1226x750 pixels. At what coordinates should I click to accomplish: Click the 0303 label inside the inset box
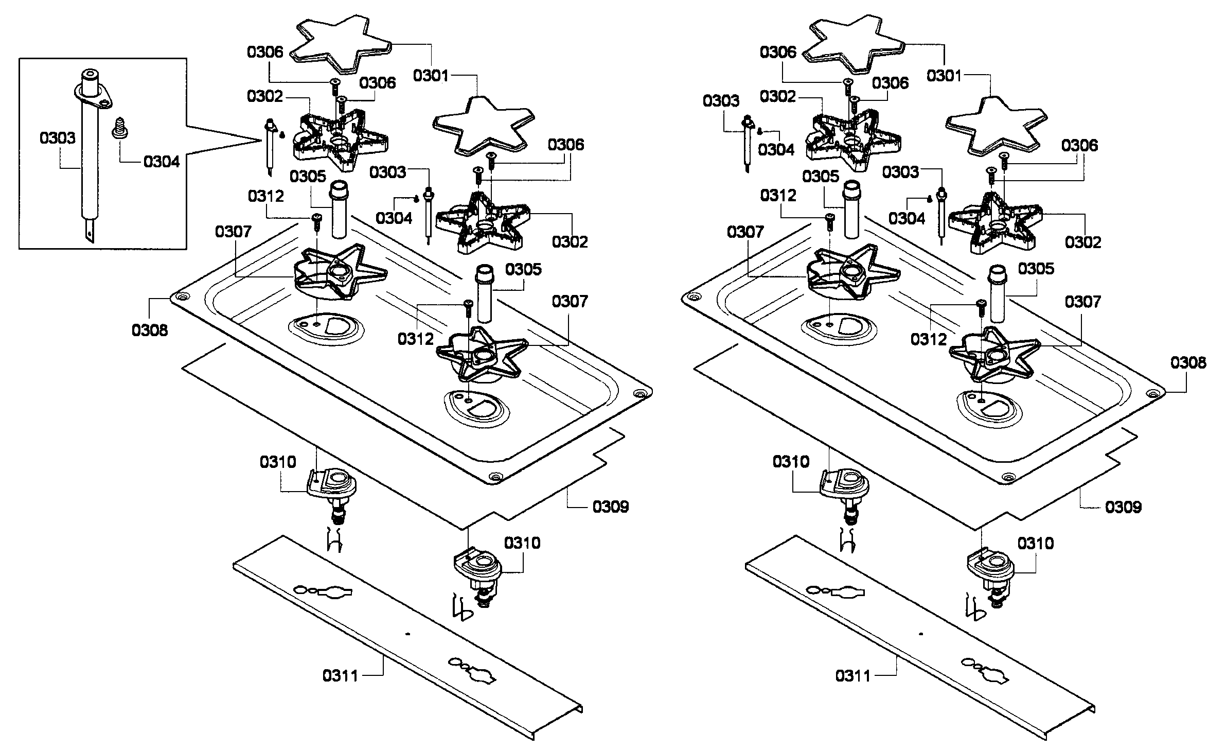coord(58,138)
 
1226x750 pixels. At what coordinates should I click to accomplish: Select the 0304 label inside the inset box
coord(162,162)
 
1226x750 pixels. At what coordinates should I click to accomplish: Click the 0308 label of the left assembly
coord(150,330)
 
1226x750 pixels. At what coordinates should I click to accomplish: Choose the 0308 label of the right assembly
coord(1188,363)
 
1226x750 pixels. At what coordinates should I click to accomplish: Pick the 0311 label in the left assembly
coord(341,675)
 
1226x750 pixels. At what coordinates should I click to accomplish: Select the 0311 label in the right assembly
coord(853,675)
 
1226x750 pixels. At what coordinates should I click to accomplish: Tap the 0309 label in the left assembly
coord(611,507)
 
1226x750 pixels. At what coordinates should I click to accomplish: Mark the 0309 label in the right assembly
coord(1124,508)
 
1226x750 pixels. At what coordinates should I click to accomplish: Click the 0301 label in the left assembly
coord(431,76)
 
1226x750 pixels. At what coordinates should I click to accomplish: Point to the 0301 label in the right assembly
coord(944,76)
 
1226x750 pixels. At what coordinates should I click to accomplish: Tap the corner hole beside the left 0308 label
coord(182,298)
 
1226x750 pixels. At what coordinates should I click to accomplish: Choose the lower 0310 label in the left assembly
coord(522,543)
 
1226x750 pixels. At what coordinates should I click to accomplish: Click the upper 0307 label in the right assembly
coord(745,232)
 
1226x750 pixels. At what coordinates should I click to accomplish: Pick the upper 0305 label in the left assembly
coord(308,177)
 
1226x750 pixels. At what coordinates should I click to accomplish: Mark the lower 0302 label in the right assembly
coord(1083,242)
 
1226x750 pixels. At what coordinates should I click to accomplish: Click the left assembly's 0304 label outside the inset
coord(394,218)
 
